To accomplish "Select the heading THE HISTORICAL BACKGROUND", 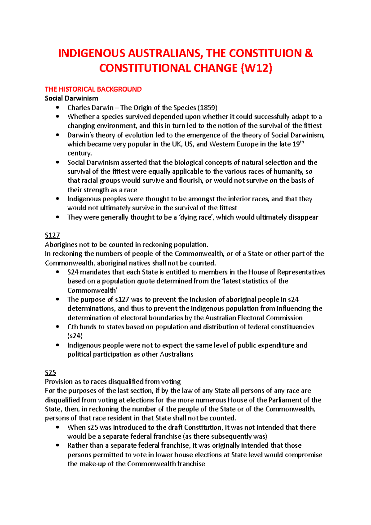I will click(93, 89).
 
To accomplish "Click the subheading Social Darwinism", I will click(71, 98).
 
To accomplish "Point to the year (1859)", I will click(207, 108).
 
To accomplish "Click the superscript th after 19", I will click(302, 142).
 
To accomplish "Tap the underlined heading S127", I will click(52, 235).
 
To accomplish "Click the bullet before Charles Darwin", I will click(57, 108).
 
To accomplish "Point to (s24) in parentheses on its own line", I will click(75, 336).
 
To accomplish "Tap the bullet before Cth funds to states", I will click(57, 327).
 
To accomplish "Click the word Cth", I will click(73, 327).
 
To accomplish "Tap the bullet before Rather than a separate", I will click(57, 446).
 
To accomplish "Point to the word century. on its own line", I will click(79, 153).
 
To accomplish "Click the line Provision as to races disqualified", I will click(113, 382).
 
